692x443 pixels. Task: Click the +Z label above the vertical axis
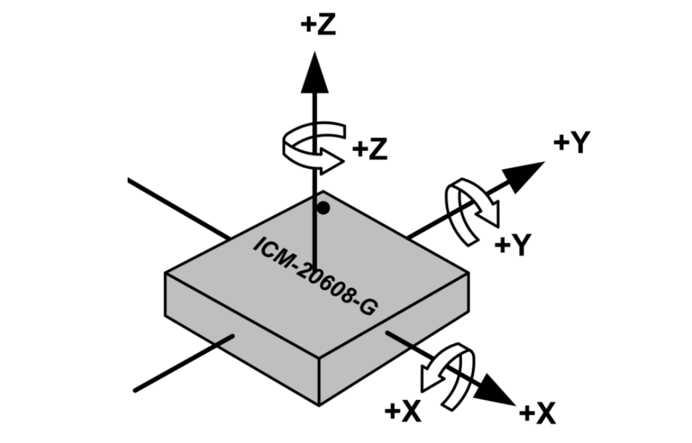tap(318, 25)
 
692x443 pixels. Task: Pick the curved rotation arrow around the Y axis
tap(472, 211)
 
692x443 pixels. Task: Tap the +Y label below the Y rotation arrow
tap(514, 246)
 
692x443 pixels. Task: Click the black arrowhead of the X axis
tap(498, 389)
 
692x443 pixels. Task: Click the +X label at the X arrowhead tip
tap(537, 414)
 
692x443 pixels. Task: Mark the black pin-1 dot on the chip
tap(323, 209)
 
